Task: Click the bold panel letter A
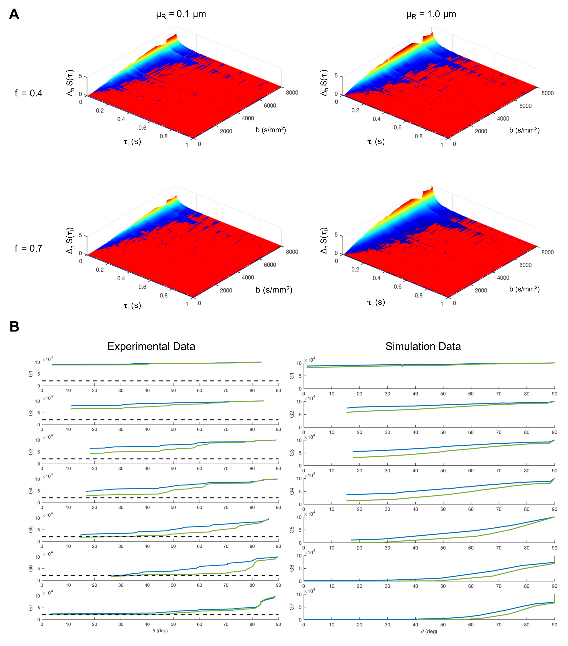click(x=14, y=14)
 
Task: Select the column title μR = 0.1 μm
click(x=181, y=14)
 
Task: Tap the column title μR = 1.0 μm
click(x=431, y=14)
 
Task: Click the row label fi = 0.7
click(x=28, y=248)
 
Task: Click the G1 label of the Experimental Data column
click(x=31, y=374)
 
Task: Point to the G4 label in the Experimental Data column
click(x=31, y=491)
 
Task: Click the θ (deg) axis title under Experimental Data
click(x=160, y=631)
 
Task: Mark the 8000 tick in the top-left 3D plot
click(x=292, y=93)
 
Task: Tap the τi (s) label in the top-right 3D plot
click(x=376, y=142)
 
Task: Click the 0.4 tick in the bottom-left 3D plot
click(x=121, y=278)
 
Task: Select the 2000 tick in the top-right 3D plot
click(x=481, y=131)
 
